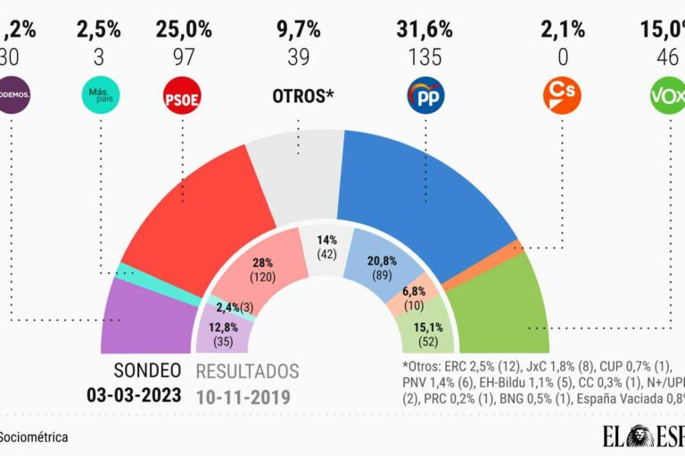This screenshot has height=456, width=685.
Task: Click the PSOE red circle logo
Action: tap(182, 95)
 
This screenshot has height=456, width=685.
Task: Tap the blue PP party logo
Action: tap(425, 95)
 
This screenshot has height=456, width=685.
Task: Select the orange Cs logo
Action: tap(562, 95)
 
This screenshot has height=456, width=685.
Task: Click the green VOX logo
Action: tap(669, 95)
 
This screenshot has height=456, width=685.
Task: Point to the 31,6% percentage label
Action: tap(425, 29)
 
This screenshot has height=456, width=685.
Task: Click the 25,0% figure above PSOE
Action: tap(184, 29)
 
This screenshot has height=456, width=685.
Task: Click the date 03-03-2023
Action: tap(133, 395)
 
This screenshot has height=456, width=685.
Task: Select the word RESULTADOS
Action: tap(247, 371)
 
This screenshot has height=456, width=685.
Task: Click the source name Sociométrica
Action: tap(34, 437)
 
